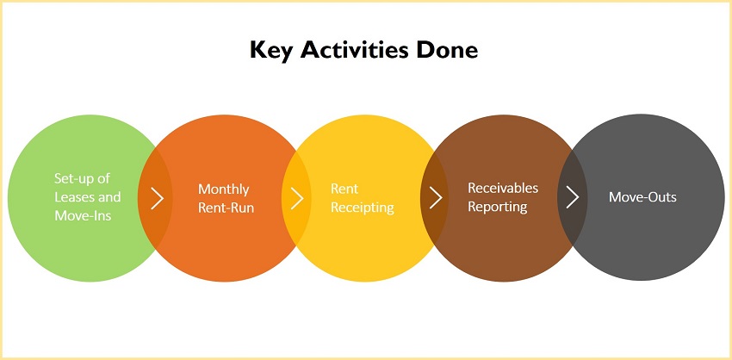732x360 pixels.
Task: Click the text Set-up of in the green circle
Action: click(82, 178)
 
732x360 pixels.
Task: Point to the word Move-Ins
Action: click(83, 215)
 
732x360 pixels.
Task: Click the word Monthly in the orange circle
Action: click(224, 189)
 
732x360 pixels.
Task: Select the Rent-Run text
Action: click(226, 208)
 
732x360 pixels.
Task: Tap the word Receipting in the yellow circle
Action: click(363, 208)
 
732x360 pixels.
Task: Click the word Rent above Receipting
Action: click(344, 189)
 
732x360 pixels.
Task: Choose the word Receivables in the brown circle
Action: click(503, 188)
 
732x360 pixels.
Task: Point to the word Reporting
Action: click(498, 207)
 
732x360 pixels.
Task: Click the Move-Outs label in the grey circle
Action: click(642, 196)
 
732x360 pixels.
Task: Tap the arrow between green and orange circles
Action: click(158, 198)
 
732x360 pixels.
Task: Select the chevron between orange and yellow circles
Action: click(297, 198)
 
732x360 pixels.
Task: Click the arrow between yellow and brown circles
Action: click(436, 198)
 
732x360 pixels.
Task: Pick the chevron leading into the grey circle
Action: click(573, 198)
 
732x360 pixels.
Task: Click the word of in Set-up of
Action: click(103, 178)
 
